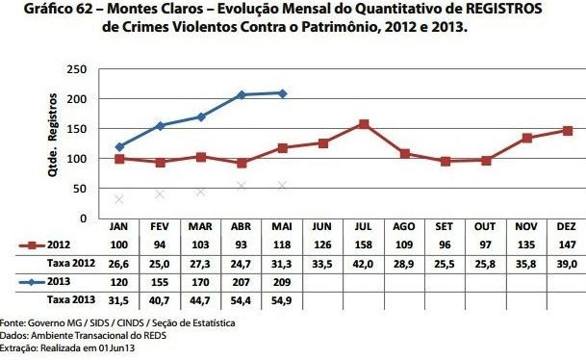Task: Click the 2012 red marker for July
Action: [364, 124]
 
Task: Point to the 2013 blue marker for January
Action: [119, 147]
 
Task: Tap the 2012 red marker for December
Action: [568, 131]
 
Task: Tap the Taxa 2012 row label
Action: [54, 263]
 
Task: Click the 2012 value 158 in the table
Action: [364, 245]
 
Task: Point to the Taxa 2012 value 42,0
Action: [364, 263]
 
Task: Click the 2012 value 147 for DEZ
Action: [568, 245]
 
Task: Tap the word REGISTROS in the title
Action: [499, 9]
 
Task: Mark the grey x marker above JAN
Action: [119, 199]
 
